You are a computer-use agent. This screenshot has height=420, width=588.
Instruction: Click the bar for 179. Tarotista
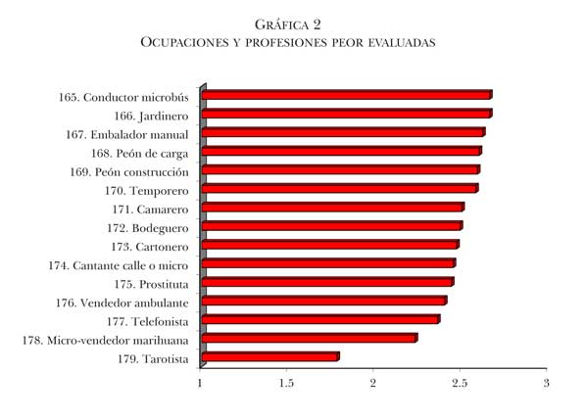269,357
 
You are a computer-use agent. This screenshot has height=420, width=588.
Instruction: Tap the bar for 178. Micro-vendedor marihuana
309,339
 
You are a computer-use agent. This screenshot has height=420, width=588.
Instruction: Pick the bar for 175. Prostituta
326,283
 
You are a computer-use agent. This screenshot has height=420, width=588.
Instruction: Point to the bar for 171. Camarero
332,208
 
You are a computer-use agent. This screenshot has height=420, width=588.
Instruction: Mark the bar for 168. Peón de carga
341,152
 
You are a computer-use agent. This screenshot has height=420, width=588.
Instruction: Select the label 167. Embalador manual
126,134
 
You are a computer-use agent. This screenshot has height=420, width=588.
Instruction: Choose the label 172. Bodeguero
147,227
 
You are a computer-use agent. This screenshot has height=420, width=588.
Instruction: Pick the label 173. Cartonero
150,246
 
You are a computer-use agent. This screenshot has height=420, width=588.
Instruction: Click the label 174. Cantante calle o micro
118,264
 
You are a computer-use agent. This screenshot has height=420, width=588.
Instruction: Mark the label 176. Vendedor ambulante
122,303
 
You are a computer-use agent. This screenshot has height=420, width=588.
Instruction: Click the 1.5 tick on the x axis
286,383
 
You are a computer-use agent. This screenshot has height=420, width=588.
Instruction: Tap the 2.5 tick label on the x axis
460,383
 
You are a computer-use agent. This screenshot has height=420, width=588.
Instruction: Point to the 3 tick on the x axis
546,383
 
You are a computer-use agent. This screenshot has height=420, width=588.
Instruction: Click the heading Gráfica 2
287,23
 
